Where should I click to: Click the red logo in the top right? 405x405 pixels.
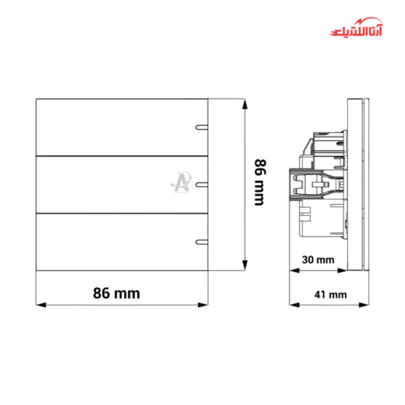tap(356, 27)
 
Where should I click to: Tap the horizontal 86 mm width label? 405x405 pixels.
tap(117, 293)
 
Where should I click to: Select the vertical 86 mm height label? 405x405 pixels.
tap(260, 182)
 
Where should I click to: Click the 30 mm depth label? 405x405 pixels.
tap(318, 260)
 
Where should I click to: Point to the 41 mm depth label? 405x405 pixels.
tap(331, 295)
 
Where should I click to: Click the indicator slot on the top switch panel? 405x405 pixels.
tap(202, 127)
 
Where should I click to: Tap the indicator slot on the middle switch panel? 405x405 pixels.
tap(202, 184)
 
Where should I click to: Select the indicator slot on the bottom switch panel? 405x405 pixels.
tap(202, 242)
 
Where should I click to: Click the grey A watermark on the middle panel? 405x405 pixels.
tap(181, 182)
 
